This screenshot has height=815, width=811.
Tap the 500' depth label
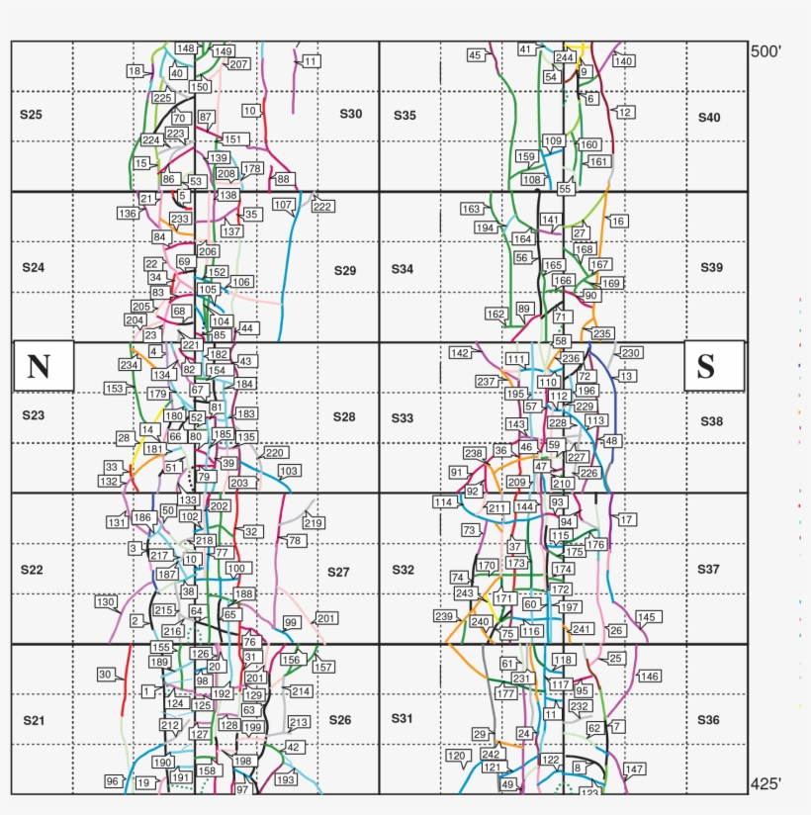(766, 51)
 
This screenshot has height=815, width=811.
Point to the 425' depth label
(766, 784)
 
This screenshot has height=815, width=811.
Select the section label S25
(31, 115)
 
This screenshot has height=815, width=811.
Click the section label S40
(709, 118)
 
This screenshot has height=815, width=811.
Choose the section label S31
(402, 718)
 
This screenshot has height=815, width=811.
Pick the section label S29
(344, 270)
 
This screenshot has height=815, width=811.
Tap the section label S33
(402, 418)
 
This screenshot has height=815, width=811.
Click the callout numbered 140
(623, 61)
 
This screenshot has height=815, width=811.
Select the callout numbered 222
(322, 207)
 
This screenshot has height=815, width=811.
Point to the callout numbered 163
(471, 209)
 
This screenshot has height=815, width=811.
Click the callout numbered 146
(649, 677)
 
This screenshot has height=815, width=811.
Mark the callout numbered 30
(105, 675)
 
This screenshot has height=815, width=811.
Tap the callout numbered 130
(106, 602)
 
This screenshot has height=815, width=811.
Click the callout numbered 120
(456, 756)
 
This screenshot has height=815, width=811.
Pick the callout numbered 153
(114, 389)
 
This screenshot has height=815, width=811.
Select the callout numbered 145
(647, 617)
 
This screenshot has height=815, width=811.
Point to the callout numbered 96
(113, 781)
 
